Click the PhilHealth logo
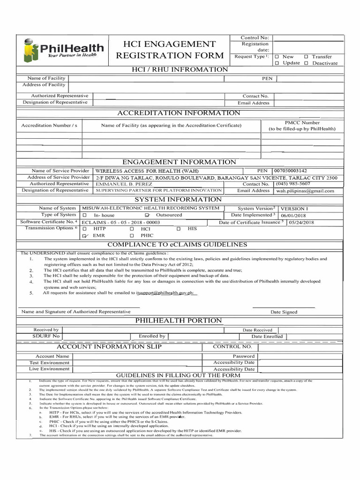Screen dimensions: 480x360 (64, 50)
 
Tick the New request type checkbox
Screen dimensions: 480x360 (277, 56)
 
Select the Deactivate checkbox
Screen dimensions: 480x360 (306, 63)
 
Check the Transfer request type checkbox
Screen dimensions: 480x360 (306, 56)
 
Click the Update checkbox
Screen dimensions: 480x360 (277, 63)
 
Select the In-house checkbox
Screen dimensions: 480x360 (85, 215)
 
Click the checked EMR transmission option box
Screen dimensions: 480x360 (85, 236)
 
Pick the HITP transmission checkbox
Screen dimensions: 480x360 (85, 228)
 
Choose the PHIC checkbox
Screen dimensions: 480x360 (132, 236)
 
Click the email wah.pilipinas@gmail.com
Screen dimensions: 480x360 (305, 191)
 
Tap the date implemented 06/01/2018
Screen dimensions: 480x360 (291, 215)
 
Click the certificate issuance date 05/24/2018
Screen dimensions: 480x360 (301, 222)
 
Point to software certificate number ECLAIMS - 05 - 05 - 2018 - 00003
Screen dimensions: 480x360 (121, 222)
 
